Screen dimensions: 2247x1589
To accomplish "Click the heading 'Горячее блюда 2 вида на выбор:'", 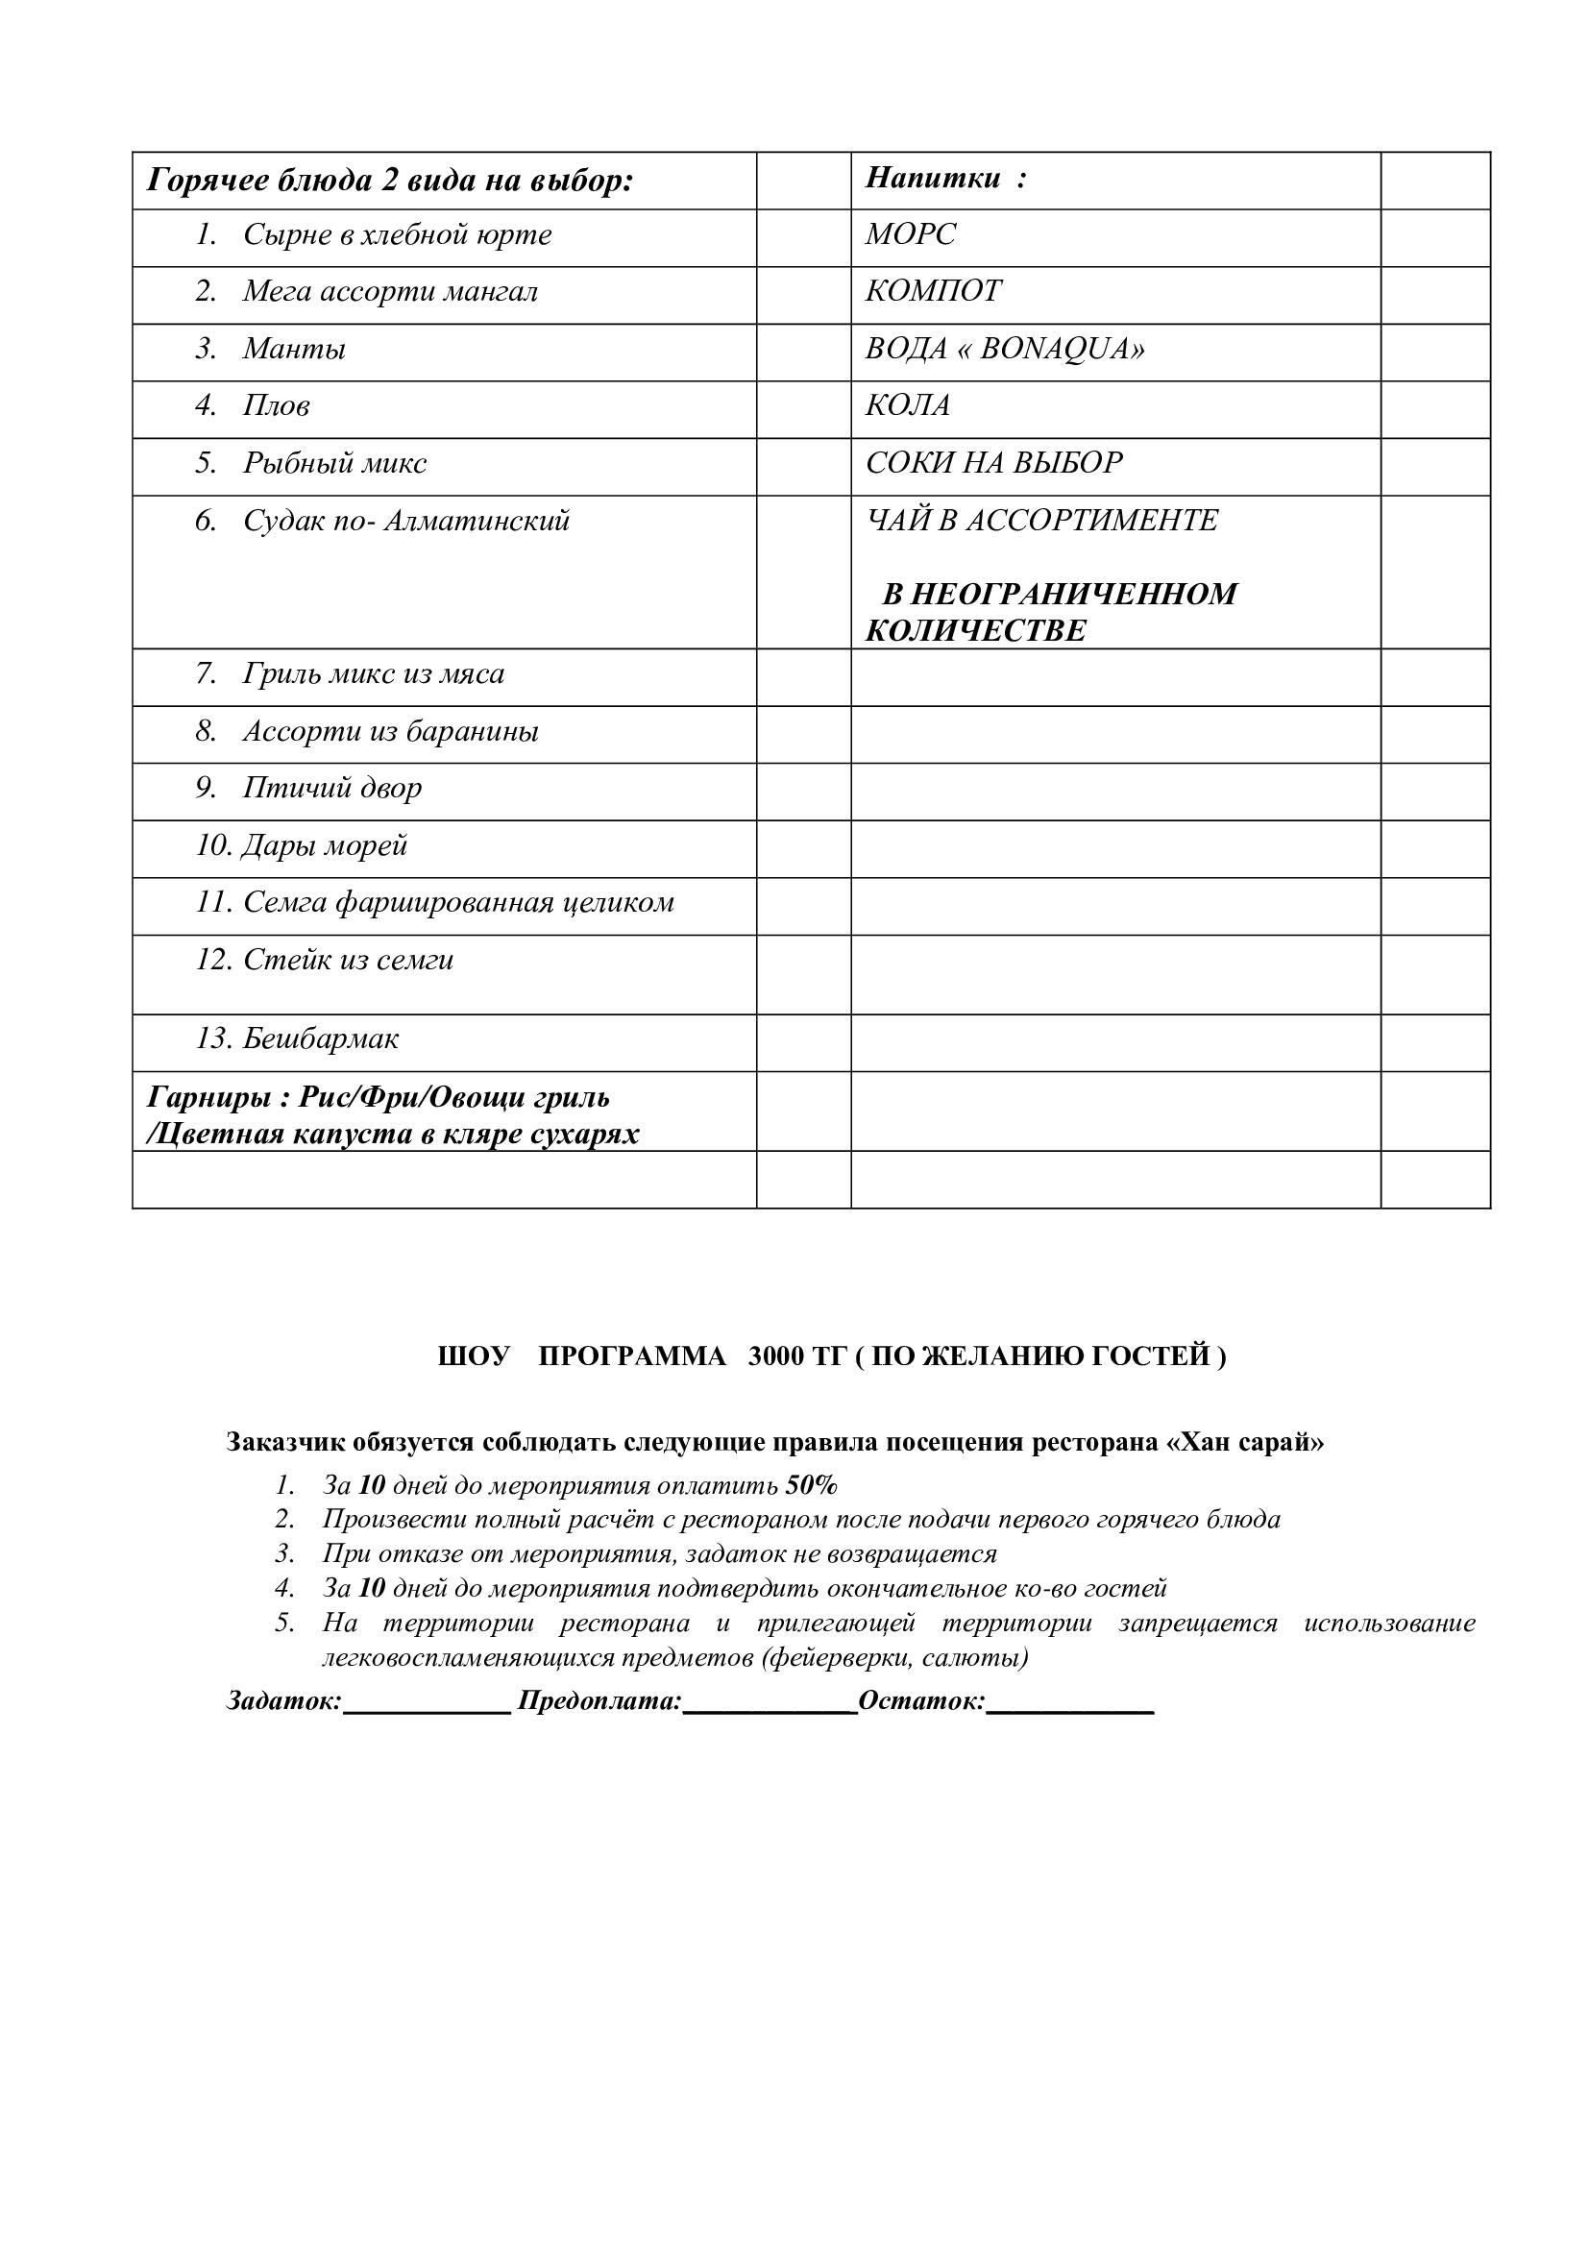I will [x=389, y=181].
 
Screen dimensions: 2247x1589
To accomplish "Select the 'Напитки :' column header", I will [x=945, y=178].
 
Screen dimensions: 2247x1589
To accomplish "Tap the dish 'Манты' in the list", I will [x=294, y=350].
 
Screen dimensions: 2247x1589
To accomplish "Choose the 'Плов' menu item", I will [x=276, y=406].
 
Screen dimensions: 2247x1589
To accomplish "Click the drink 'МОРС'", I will [x=910, y=233].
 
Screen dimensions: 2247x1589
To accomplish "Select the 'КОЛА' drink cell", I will [x=907, y=405].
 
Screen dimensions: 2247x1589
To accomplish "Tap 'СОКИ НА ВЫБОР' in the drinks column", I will [x=993, y=462].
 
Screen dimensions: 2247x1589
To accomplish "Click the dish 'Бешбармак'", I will [x=320, y=1038].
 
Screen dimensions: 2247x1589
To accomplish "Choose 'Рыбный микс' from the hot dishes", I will [x=334, y=463].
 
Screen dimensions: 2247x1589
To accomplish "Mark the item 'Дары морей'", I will [x=324, y=845].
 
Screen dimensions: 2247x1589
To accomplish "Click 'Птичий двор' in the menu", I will [x=331, y=788].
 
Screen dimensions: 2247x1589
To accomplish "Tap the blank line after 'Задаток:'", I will [x=427, y=1704].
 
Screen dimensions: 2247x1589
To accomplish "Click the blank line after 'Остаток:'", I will [x=1070, y=1704].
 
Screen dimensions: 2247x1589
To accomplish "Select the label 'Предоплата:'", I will [x=599, y=1701].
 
